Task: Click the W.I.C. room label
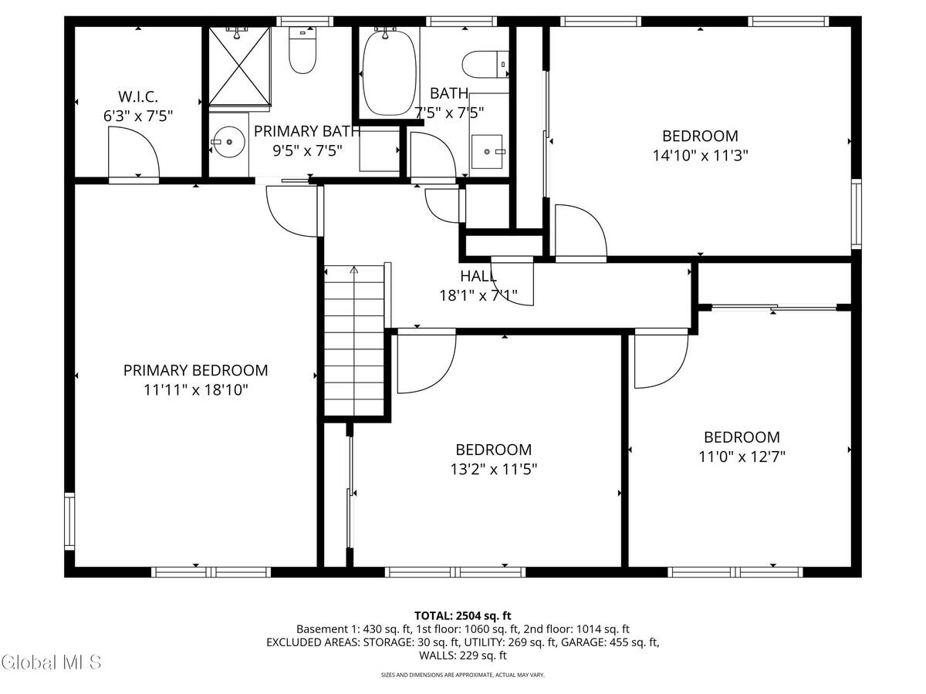(x=138, y=97)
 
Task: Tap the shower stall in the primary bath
(x=240, y=65)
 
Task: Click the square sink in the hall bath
(x=488, y=151)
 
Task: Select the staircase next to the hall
(x=354, y=341)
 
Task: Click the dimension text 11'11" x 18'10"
(x=195, y=390)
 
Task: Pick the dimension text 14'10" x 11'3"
(x=700, y=155)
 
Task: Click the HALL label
(x=478, y=276)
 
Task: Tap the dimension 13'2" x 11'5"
(x=493, y=469)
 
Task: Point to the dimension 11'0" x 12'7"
(x=742, y=456)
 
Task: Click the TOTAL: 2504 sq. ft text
(x=463, y=615)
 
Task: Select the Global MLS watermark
(x=51, y=662)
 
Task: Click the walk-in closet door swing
(x=133, y=153)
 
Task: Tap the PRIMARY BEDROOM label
(x=195, y=371)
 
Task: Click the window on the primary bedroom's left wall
(x=69, y=522)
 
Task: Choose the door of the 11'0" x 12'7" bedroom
(x=661, y=359)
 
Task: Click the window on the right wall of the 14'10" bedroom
(x=856, y=214)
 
